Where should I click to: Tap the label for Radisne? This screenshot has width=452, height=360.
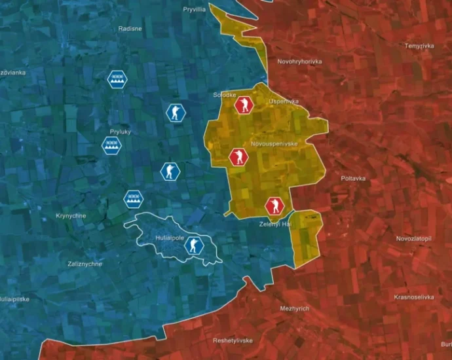point(130,29)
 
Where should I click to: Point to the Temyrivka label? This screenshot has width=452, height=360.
point(419,46)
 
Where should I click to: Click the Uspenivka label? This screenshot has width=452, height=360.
point(284,101)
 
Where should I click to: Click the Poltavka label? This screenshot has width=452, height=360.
point(353,178)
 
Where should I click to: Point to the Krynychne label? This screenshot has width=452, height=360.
point(71,215)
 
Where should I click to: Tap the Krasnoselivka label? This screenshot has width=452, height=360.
point(413,297)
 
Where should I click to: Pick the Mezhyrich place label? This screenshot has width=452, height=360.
point(294,308)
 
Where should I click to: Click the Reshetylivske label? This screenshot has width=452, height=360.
point(233,340)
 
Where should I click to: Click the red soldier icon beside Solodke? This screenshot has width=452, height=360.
point(244,105)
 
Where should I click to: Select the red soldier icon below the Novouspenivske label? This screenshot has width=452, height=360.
point(238,157)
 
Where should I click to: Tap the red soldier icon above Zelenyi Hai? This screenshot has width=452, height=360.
point(274,206)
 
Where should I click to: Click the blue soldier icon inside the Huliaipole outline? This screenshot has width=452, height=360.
point(193,245)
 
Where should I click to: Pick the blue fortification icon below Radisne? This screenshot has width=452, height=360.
point(117,79)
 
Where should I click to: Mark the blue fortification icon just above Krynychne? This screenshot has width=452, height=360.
point(133,197)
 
